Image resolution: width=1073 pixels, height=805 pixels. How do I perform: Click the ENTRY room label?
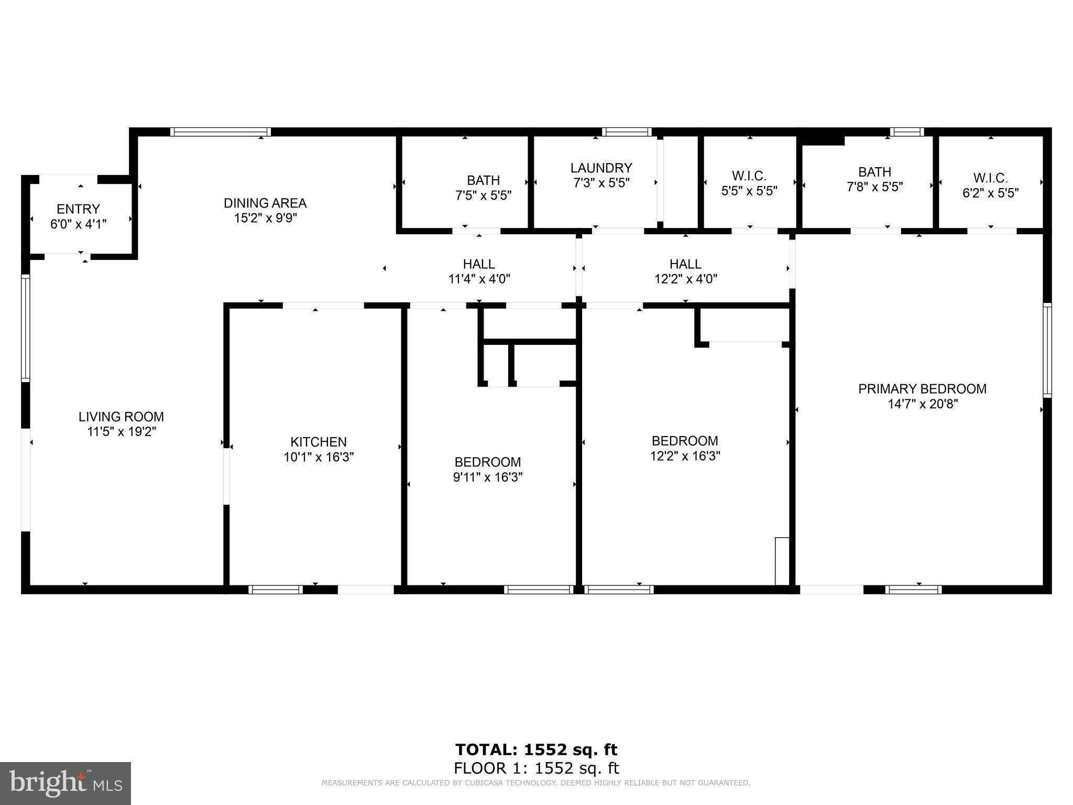tap(78, 209)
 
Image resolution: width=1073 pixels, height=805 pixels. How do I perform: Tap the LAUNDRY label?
tap(601, 168)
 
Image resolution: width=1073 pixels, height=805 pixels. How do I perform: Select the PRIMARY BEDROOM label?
tap(922, 389)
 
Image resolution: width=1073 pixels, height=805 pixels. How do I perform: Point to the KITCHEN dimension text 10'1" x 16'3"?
tap(319, 457)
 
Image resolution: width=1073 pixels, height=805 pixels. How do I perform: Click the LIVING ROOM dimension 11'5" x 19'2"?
tap(122, 432)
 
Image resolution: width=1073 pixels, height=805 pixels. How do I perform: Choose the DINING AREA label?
tap(265, 203)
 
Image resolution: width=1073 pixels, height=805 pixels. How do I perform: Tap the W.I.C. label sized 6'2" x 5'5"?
tap(990, 178)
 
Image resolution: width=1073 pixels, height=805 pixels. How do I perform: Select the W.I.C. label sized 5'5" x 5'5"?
tap(749, 176)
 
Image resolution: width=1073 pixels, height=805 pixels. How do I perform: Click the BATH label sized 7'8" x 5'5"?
tap(874, 172)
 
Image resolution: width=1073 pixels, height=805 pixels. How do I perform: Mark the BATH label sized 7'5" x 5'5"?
tap(483, 180)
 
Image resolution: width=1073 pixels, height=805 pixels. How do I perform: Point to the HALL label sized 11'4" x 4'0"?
tap(479, 264)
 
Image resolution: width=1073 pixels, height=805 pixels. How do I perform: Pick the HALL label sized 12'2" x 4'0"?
tap(685, 264)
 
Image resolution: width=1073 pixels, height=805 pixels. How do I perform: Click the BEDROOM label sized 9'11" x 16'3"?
tap(487, 462)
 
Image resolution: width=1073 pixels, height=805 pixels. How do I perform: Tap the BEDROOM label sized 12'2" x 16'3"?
tap(685, 441)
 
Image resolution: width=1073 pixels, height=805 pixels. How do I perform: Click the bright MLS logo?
tap(65, 783)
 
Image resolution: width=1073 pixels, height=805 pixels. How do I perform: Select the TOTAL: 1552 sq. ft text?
tap(536, 749)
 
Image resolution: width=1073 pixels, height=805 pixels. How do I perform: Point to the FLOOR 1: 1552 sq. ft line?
tap(536, 768)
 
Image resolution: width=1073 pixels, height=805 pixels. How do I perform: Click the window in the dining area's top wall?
tap(221, 132)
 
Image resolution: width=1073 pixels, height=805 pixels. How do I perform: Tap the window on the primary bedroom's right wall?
tap(1047, 350)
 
